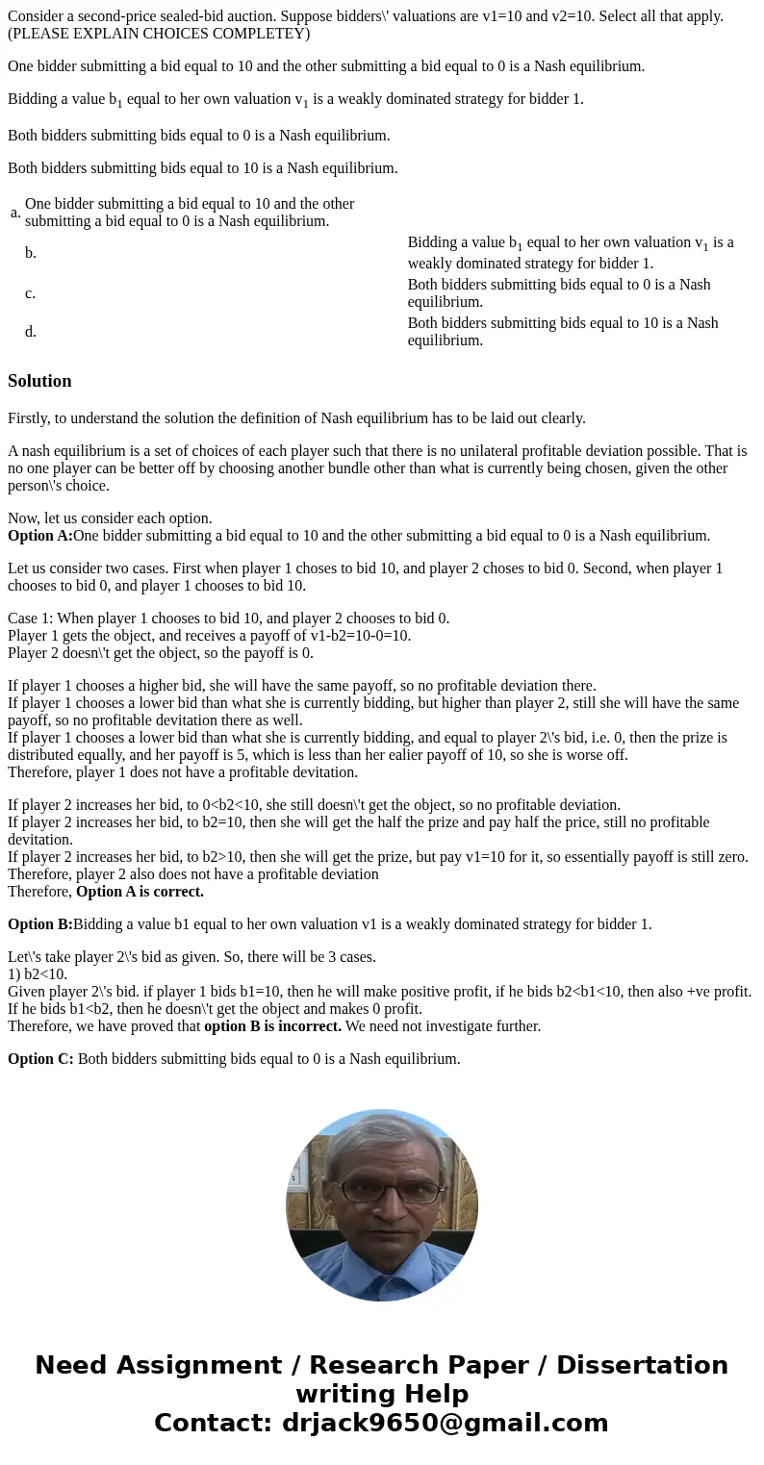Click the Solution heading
39,381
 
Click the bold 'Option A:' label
40,536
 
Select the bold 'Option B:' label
40,924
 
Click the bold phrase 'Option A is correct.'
140,892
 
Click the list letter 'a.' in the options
15,213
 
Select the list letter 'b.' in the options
31,253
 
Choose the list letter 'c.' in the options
31,293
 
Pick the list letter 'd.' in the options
31,332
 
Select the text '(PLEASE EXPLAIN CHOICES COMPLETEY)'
159,34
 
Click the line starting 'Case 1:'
228,619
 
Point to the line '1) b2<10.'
38,974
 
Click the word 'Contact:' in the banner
214,1424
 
